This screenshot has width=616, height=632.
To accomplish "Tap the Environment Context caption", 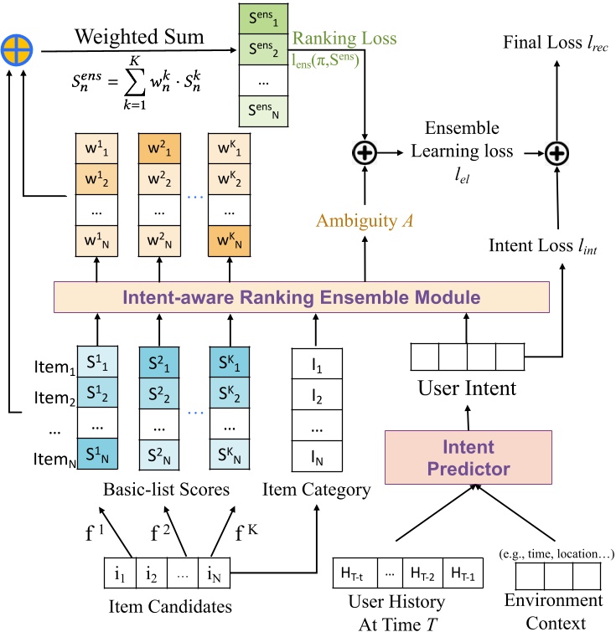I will coord(553,611).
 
